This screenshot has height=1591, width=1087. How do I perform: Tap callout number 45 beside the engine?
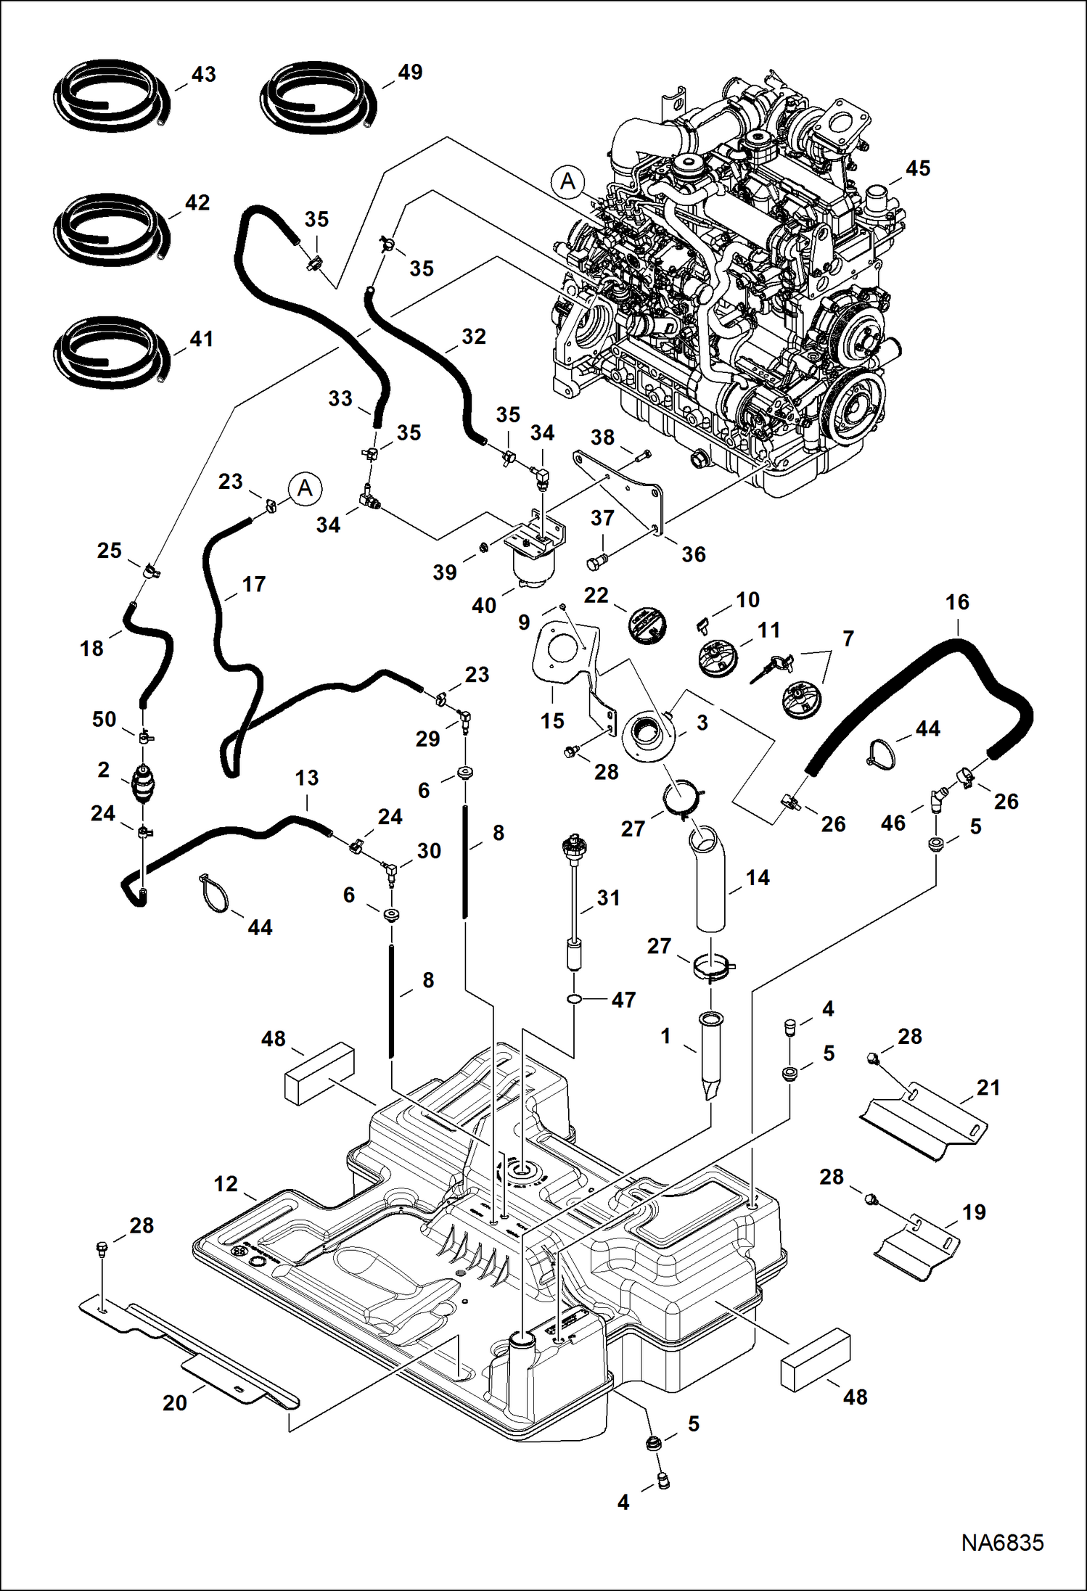click(917, 168)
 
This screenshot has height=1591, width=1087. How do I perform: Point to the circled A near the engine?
click(567, 181)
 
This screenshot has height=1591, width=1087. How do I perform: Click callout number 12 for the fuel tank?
click(226, 1184)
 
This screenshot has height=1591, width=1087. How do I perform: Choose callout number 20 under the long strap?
click(175, 1402)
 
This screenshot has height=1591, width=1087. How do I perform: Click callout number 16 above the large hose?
click(957, 602)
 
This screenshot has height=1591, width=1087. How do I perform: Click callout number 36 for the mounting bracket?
click(693, 554)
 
